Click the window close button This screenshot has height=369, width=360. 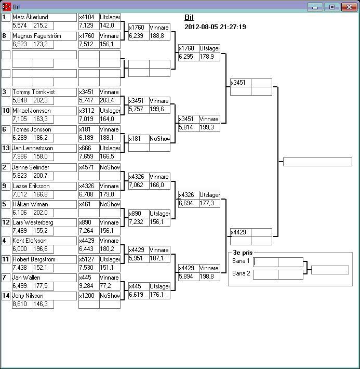349,7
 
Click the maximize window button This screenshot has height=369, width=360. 331,7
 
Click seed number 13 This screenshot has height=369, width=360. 6,148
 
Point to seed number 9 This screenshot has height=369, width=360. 6,186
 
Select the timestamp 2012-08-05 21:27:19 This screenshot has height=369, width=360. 215,27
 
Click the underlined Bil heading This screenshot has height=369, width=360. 189,17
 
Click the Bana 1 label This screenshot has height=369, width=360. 241,261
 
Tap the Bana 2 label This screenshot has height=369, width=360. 241,273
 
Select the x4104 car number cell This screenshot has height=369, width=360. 89,17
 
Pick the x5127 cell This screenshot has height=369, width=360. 89,259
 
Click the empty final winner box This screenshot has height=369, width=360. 317,162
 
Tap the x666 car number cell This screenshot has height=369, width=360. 89,148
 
